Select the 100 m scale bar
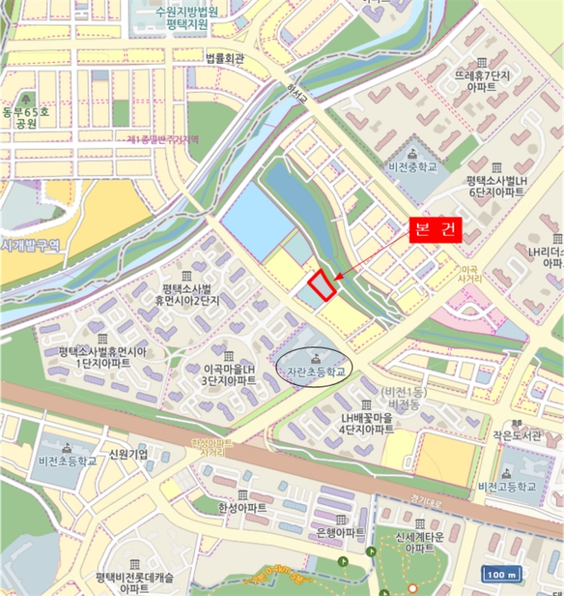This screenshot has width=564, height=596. pos(503,574)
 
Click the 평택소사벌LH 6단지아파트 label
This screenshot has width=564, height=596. pos(494,186)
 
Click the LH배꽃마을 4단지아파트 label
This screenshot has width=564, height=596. pos(367,423)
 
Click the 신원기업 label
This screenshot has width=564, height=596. pos(128,454)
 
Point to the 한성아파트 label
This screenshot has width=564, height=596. pos(242,508)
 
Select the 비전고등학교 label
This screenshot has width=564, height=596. pos(508,486)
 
